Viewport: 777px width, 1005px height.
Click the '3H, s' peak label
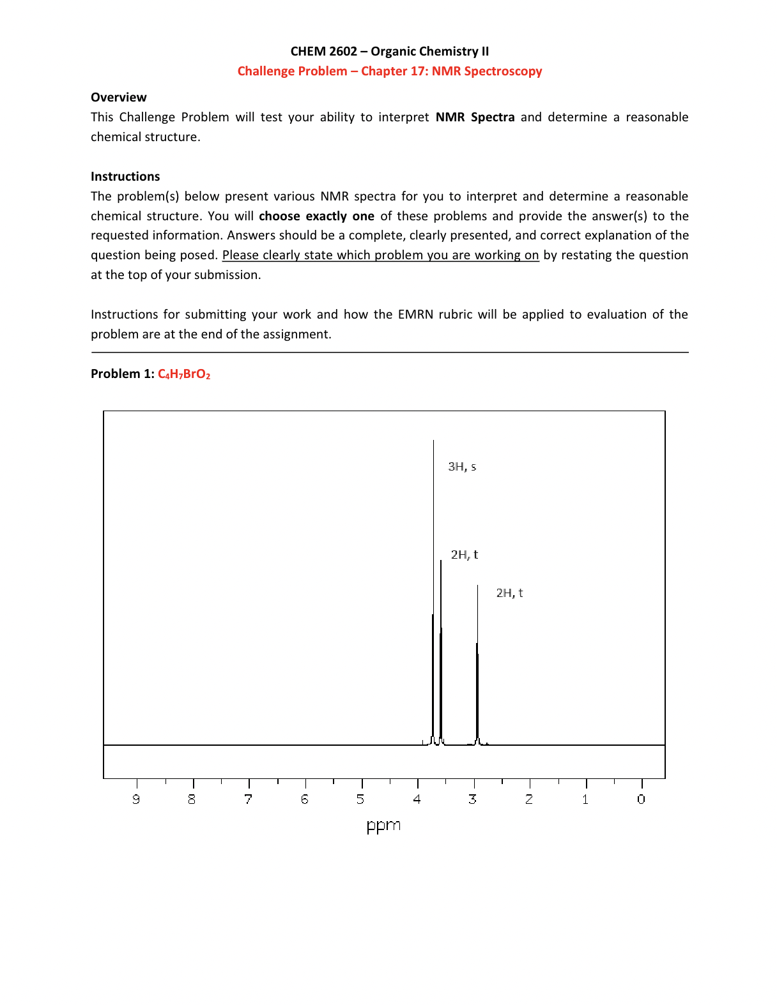(x=462, y=467)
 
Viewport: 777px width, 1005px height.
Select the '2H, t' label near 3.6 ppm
(x=464, y=555)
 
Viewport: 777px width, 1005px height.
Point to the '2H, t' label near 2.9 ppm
(x=509, y=593)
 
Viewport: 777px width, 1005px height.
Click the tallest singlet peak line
(x=433, y=575)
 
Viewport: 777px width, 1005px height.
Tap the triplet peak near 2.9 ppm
(x=477, y=670)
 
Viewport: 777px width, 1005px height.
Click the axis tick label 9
(x=136, y=799)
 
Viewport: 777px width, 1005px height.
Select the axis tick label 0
(x=642, y=799)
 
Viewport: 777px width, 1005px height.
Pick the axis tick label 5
(x=360, y=799)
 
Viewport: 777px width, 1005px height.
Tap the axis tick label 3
(x=473, y=799)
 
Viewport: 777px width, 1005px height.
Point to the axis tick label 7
(x=249, y=799)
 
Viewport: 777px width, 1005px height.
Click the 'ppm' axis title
(x=383, y=826)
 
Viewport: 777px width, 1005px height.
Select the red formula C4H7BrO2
(x=184, y=374)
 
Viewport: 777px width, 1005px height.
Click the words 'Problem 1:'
(x=123, y=374)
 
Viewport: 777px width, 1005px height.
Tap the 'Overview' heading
(x=119, y=98)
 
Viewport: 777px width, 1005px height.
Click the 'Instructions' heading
(x=125, y=177)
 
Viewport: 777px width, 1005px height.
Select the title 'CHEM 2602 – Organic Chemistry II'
(x=389, y=52)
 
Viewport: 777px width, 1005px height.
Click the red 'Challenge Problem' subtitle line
(x=389, y=72)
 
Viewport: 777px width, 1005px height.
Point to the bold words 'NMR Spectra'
(x=475, y=117)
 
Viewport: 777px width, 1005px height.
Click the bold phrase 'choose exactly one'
(x=316, y=216)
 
